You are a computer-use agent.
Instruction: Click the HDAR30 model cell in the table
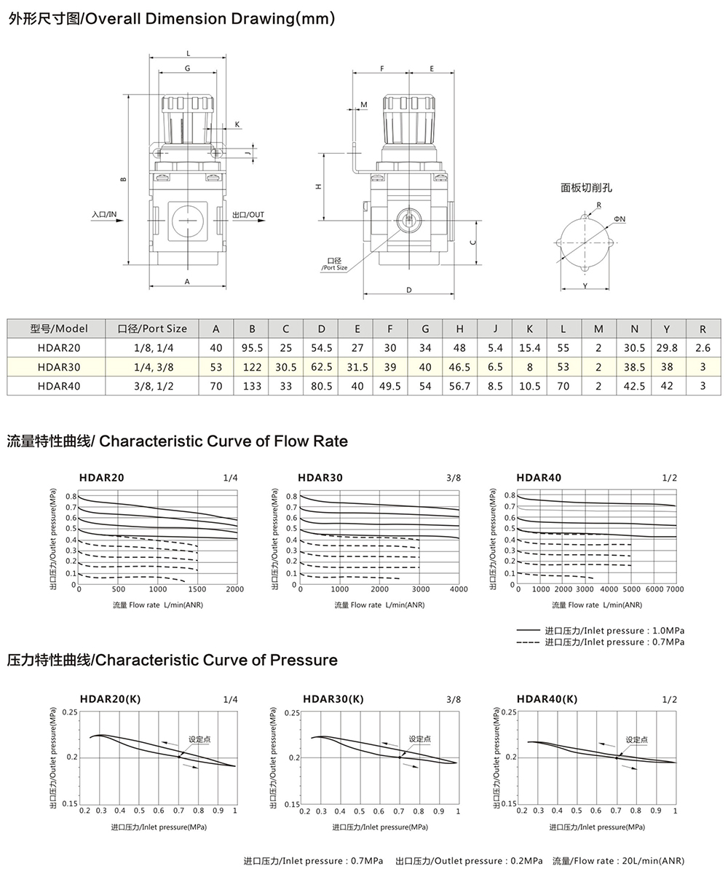click(x=59, y=367)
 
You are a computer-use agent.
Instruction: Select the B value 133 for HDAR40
click(x=252, y=386)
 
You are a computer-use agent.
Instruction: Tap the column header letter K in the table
click(x=529, y=329)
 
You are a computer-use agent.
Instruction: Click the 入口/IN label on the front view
click(x=104, y=215)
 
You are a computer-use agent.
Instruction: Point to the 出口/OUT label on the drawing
click(x=248, y=215)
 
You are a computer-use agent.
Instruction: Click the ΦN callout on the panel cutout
click(x=620, y=218)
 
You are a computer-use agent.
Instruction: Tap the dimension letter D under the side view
click(x=409, y=290)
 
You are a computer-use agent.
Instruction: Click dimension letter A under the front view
click(x=187, y=281)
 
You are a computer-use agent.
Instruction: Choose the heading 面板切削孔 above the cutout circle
click(x=586, y=188)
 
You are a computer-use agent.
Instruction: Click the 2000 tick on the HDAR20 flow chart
click(x=235, y=589)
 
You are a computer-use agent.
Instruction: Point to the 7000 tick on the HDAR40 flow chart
click(x=676, y=589)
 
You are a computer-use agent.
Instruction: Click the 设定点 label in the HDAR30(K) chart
click(x=419, y=739)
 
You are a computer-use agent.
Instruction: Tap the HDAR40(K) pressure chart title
click(x=547, y=699)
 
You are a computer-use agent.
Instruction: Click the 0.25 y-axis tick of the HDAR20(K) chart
click(x=70, y=712)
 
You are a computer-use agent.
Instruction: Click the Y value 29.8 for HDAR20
click(x=666, y=348)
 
